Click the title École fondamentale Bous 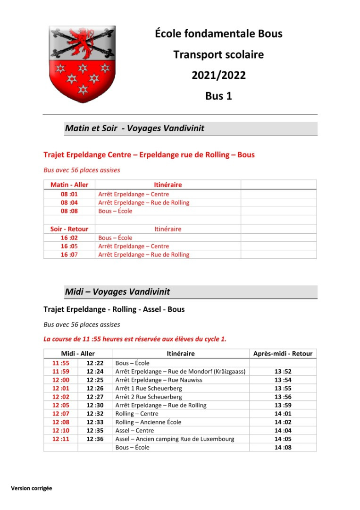coord(218,34)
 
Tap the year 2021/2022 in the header coord(218,76)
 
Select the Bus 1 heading coord(218,96)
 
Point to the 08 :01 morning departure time coord(69,194)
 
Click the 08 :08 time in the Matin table coord(69,211)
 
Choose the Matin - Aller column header coord(69,185)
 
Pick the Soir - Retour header coord(69,229)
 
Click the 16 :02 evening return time coord(69,238)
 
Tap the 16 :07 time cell coord(69,255)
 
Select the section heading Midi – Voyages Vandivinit coord(117,292)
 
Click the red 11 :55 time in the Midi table coord(61,363)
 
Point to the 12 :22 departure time coord(95,363)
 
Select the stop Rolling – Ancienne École coord(148,422)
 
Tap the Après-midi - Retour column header coord(283,354)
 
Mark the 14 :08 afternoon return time coord(283,448)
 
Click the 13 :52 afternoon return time coord(283,372)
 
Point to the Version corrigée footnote coord(32,488)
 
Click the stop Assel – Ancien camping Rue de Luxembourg coord(175,439)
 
